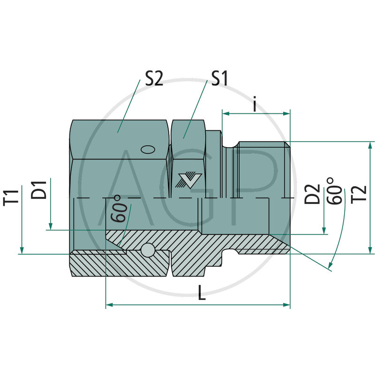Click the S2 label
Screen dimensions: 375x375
(153, 78)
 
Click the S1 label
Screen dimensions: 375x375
(218, 78)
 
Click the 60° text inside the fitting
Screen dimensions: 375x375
(120, 209)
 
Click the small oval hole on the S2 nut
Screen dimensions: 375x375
(148, 150)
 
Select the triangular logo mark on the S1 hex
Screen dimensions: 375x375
(189, 180)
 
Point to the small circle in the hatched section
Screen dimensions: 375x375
(150, 250)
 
